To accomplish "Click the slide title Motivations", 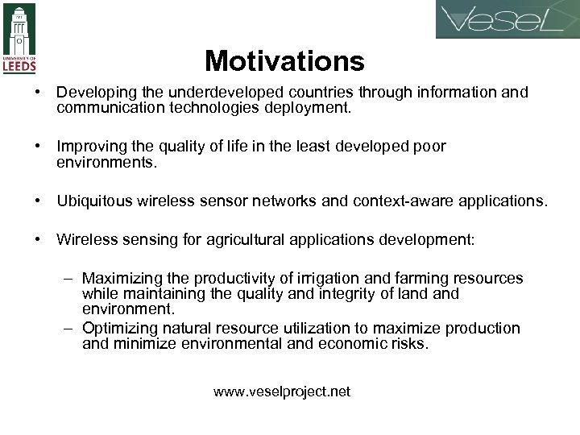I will tap(284, 60).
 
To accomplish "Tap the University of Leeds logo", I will tap(19, 39).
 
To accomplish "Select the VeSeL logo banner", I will tap(507, 20).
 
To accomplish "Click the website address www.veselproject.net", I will tap(282, 392).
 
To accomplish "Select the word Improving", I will tap(89, 147).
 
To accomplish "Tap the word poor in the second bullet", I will tap(426, 147).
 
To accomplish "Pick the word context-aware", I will tap(393, 201).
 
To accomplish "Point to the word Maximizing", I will tap(121, 279).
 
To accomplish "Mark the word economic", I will tap(356, 344).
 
